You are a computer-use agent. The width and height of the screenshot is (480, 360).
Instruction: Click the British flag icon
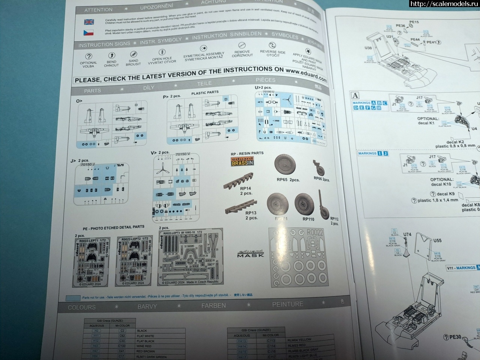point(89,22)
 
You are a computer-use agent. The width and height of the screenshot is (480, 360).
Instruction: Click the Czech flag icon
point(88,33)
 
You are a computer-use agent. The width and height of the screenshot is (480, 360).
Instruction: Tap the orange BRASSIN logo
point(242,161)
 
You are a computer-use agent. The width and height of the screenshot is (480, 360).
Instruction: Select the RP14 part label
point(246,188)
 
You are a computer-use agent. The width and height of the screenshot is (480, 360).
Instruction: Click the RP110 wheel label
point(308,219)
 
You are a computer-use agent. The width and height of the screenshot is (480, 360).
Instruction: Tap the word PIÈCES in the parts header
point(265,80)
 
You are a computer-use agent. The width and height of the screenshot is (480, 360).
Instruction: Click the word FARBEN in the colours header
point(213,306)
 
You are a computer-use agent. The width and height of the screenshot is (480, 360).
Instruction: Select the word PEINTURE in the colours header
point(288,304)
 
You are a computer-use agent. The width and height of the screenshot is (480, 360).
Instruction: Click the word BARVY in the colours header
point(147,306)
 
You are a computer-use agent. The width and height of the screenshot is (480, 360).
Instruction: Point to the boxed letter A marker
point(354,95)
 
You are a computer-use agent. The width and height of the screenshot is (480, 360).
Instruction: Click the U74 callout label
point(407,235)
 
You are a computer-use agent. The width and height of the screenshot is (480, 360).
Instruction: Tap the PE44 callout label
point(415,39)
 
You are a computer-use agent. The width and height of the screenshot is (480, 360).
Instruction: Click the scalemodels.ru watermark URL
point(444,4)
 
